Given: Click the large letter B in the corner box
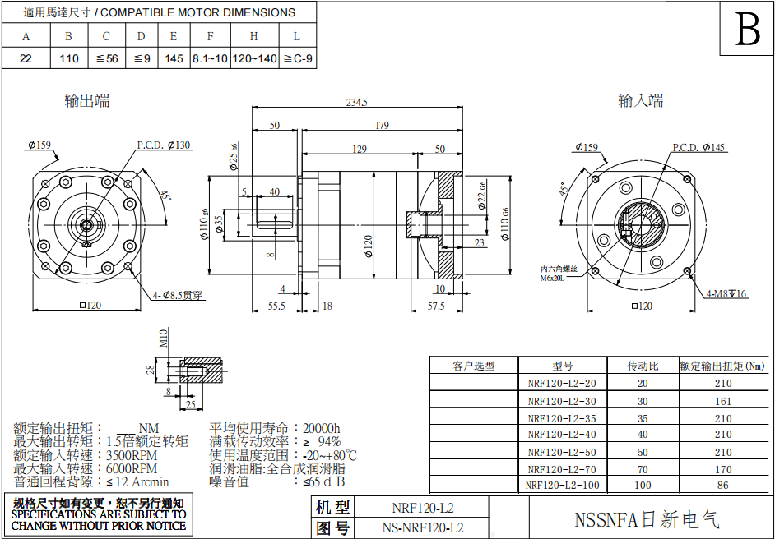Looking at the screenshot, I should pyautogui.click(x=747, y=30).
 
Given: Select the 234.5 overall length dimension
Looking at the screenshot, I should pyautogui.click(x=356, y=102).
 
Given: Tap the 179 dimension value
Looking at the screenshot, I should pyautogui.click(x=381, y=125).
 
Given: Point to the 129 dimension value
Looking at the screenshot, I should pyautogui.click(x=359, y=149).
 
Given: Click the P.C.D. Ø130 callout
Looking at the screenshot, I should pyautogui.click(x=163, y=145).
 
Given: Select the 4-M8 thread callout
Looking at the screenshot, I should pyautogui.click(x=726, y=293).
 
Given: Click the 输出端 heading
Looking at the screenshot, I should pyautogui.click(x=87, y=101).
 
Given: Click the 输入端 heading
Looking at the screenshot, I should pyautogui.click(x=640, y=101).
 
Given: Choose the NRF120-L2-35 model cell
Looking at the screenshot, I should pyautogui.click(x=561, y=418).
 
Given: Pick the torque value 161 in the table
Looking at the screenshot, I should pyautogui.click(x=722, y=401).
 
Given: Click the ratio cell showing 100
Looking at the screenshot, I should pyautogui.click(x=643, y=486).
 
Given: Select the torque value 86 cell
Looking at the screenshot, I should pyautogui.click(x=722, y=486).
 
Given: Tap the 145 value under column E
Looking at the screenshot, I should pyautogui.click(x=174, y=58).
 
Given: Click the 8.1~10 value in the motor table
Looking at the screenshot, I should pyautogui.click(x=210, y=58).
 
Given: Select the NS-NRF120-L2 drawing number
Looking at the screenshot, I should pyautogui.click(x=423, y=528).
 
